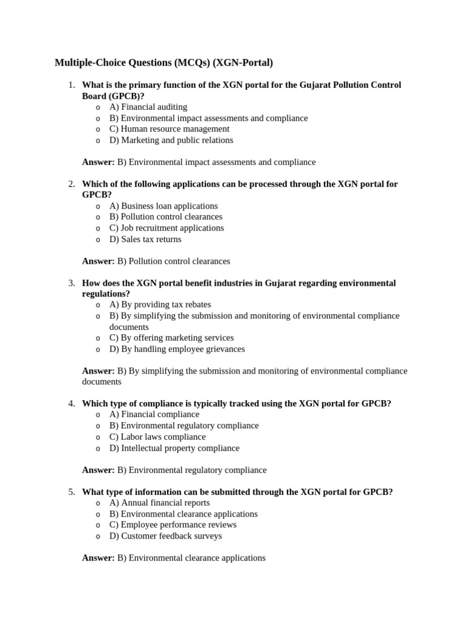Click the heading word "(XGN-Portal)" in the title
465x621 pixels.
tap(243, 62)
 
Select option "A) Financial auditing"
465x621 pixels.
tap(148, 107)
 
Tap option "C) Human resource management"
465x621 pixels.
tap(169, 129)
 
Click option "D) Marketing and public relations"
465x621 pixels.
tap(171, 140)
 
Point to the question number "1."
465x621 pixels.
tap(71, 85)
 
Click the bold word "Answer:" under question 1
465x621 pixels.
tap(98, 162)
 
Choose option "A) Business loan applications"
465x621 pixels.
tap(163, 206)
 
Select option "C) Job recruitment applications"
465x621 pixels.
tap(167, 228)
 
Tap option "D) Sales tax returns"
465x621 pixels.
tap(145, 239)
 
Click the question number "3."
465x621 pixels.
tap(71, 283)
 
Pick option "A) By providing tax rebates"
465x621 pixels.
tap(160, 304)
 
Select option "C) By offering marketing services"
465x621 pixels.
tap(171, 338)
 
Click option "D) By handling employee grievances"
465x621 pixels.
tap(177, 349)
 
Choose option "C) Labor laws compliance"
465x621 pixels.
tap(157, 437)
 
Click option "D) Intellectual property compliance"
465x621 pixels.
tap(174, 448)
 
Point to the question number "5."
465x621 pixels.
tap(71, 492)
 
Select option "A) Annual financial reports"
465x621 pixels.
tap(159, 503)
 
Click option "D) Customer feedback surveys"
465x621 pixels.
tap(165, 536)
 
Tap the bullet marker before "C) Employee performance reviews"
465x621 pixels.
tap(98, 525)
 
